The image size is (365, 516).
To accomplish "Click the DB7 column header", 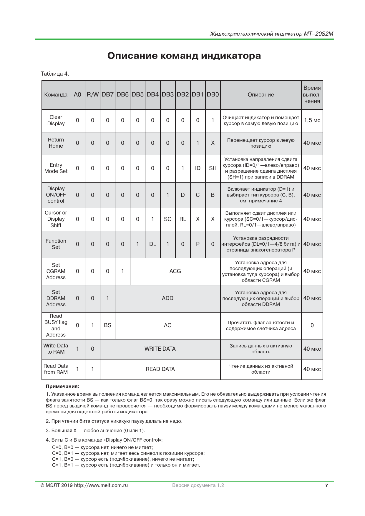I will pos(107,95).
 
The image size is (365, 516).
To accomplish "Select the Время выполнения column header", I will pos(312,95).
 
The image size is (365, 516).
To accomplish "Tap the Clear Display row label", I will pos(56,120).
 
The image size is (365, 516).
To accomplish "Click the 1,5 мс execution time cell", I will pos(312,120).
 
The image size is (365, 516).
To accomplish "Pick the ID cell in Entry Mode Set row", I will pos(198,168).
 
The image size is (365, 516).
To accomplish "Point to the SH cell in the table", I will pos(213,168).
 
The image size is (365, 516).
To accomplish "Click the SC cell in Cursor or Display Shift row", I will pos(167,219).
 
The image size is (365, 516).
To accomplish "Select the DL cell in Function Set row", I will pos(152,244).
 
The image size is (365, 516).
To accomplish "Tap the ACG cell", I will pos(175,271).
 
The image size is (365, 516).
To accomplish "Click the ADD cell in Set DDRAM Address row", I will pos(167,298).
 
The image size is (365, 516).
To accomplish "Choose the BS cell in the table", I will pos(107,325).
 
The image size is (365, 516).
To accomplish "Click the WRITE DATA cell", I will pos(160,349).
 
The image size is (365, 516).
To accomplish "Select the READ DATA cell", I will pos(160,369).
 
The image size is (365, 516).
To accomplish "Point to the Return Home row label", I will pos(56,143).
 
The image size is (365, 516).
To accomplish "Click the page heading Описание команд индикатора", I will pos(184,56).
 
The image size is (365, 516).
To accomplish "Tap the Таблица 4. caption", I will pos(55,74).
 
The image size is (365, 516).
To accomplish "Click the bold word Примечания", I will pos(62,387).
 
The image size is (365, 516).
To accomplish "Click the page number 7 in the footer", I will pos(326,485).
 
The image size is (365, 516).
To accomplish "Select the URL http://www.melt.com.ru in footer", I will pos(101,485).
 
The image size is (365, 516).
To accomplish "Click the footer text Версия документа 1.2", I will pos(198,485).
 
